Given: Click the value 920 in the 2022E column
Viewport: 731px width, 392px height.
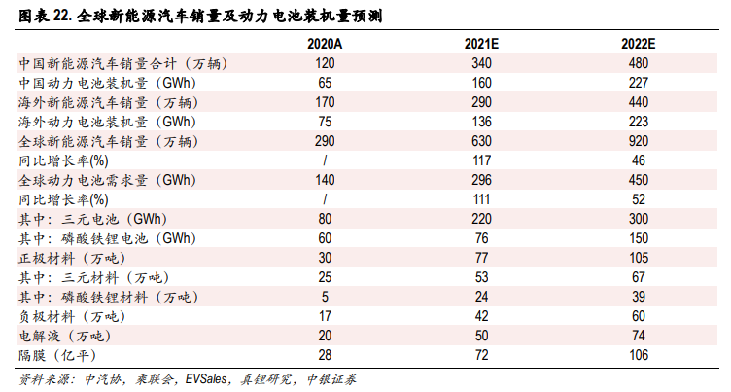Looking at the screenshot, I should [639, 141].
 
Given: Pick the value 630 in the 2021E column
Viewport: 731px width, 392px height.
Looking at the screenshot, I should [482, 141].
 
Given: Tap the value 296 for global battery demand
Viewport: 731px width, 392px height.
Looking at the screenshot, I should [482, 180].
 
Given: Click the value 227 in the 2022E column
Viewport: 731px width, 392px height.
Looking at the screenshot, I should [639, 83].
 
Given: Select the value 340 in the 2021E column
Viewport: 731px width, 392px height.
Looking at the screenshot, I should [482, 63].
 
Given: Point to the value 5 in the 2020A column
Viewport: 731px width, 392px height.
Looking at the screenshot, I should [325, 297].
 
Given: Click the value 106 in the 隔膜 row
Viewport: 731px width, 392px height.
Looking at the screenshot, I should [639, 355].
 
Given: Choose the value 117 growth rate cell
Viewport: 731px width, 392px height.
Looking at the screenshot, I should [482, 160].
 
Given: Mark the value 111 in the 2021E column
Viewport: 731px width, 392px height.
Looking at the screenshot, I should [482, 199].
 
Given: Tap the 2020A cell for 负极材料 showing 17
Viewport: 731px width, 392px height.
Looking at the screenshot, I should [325, 316].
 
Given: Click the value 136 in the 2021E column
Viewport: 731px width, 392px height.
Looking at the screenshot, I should [482, 122].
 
